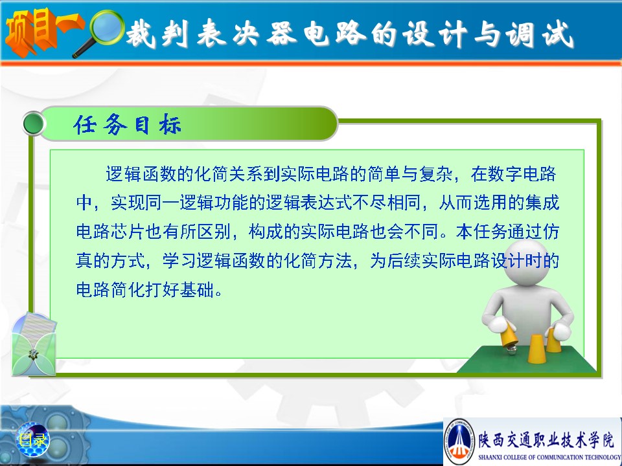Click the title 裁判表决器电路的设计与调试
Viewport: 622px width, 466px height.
350,34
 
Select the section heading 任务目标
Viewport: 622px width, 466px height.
127,124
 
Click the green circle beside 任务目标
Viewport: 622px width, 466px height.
34,124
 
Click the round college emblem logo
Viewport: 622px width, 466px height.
459,441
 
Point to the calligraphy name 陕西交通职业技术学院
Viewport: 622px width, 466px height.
546,440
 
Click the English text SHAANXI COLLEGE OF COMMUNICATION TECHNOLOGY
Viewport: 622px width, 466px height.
549,457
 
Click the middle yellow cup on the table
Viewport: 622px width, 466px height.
536,349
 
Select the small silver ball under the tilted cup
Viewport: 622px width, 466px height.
513,349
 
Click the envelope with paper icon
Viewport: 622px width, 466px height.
33,344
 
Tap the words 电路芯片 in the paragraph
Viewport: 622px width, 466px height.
110,232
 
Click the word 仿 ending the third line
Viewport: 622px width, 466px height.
551,232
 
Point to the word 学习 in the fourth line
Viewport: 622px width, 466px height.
179,261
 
